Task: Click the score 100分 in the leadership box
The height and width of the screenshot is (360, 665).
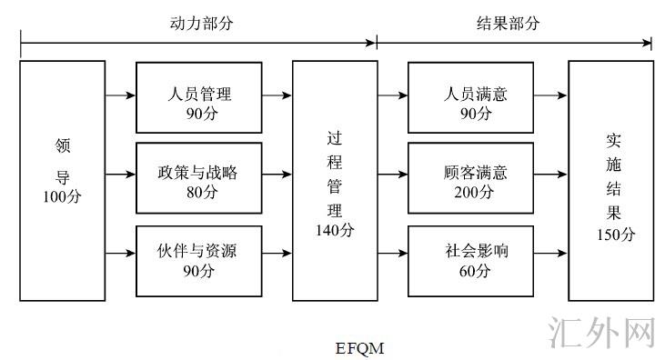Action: point(61,196)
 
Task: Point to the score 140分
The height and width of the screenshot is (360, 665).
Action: point(334,230)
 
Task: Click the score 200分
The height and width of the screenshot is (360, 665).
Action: point(475,193)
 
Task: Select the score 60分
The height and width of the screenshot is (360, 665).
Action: point(475,270)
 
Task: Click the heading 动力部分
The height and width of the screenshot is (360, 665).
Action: point(201,24)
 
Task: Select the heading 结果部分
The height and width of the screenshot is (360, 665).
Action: point(509,24)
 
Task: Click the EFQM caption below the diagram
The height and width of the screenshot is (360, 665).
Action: point(360,348)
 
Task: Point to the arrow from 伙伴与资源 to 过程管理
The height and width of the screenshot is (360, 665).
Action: point(277,252)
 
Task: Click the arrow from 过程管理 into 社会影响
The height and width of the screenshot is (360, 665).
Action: point(392,252)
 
